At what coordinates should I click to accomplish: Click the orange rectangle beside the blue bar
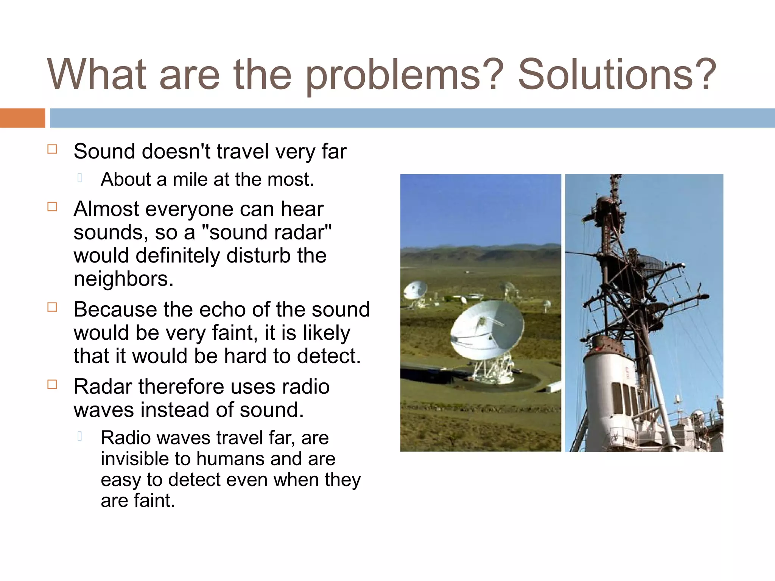[22, 118]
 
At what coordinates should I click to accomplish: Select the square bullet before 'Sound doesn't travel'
[52, 149]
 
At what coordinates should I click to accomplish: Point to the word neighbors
[123, 279]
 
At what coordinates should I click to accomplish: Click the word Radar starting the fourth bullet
[103, 387]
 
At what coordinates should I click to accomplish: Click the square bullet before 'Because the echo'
[52, 307]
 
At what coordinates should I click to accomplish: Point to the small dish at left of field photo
[416, 290]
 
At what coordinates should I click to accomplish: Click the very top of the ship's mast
[616, 178]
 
